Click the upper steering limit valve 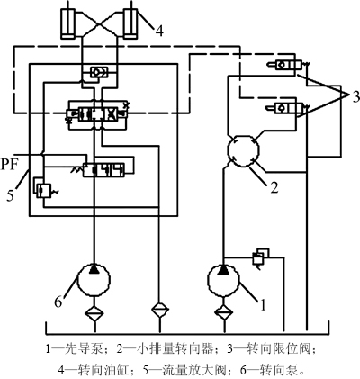point(288,64)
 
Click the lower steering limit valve point(288,108)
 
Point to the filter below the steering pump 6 point(94,312)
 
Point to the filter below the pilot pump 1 point(224,312)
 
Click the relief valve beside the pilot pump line point(260,257)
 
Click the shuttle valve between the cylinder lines point(99,72)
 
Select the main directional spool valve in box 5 point(97,114)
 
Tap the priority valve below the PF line point(103,170)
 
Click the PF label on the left point(10,165)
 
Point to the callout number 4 point(159,31)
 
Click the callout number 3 point(355,96)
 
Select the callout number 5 point(11,196)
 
